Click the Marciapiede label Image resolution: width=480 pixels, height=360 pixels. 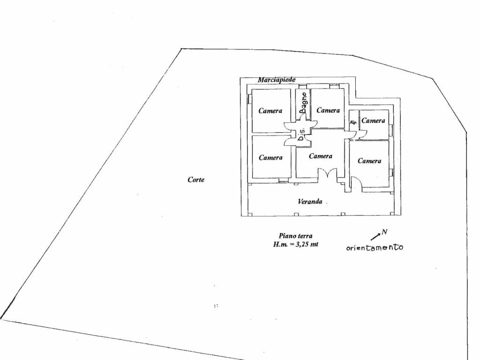click(277, 80)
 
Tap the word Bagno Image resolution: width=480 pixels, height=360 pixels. click(303, 103)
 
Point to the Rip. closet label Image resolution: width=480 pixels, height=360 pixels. click(353, 122)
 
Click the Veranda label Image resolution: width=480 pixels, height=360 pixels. click(310, 202)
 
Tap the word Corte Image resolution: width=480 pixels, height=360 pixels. click(196, 180)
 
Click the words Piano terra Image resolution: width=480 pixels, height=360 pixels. click(295, 236)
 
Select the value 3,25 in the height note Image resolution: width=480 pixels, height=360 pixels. click(302, 244)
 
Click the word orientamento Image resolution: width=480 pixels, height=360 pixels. click(375, 247)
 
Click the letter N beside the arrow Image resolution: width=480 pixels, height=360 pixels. click(384, 232)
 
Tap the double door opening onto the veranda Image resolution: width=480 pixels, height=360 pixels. click(327, 176)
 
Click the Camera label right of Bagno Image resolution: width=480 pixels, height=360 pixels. click(328, 110)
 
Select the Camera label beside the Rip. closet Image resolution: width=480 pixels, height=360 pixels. click(373, 120)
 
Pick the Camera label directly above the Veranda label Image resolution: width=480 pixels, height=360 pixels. click(321, 156)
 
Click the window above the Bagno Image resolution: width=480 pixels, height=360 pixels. click(303, 86)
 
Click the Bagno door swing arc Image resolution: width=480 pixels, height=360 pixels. click(303, 118)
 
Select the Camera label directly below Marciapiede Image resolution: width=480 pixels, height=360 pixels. click(270, 111)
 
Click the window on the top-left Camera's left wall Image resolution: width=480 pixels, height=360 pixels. click(249, 98)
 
